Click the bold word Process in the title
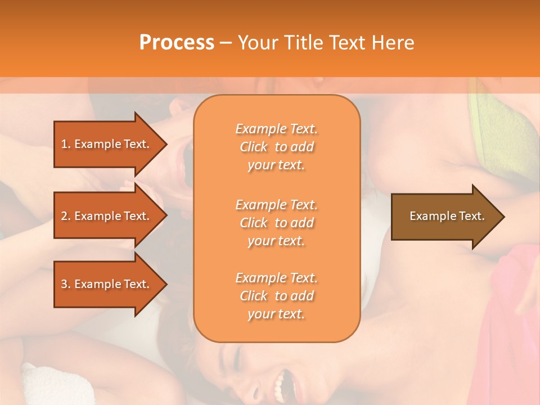177,43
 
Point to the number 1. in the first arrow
66,145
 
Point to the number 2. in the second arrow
66,217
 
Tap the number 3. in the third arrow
66,285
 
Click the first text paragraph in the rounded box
276,147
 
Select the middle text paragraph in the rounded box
276,223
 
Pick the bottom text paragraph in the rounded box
276,296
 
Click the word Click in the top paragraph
254,147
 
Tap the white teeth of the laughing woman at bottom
279,385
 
